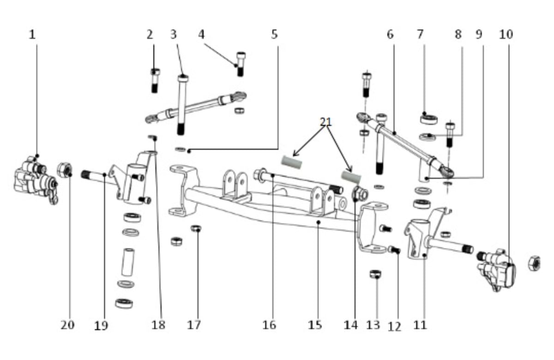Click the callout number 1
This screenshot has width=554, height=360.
point(32,34)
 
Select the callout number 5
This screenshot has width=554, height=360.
point(274,34)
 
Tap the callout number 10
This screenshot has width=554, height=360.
point(506,34)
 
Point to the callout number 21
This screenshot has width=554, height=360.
point(326,122)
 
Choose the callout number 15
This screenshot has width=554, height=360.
point(315,324)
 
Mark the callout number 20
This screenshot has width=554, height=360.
point(67,324)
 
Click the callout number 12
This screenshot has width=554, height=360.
point(394,327)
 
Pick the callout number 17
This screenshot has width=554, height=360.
point(194,324)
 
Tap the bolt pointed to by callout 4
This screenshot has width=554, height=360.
point(241,64)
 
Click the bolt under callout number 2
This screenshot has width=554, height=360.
point(155,80)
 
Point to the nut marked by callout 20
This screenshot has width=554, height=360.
point(65,170)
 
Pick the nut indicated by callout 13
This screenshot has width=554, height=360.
point(375,274)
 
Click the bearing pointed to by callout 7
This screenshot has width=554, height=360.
point(428,120)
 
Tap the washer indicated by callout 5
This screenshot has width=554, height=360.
point(181,149)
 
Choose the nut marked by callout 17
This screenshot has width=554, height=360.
point(196,228)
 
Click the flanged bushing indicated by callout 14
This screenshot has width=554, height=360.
point(360,194)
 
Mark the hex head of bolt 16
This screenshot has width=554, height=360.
point(259,174)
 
